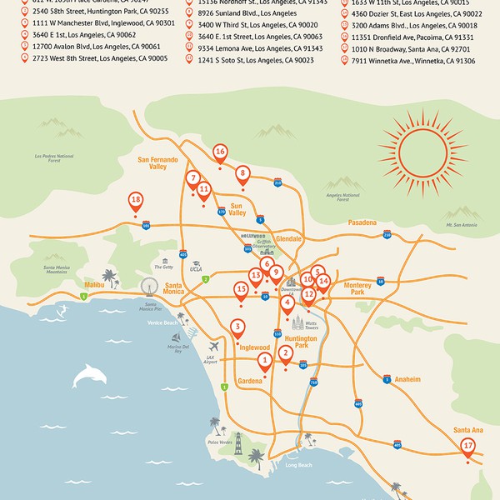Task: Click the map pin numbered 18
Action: point(136,201)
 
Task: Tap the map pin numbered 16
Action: point(220,152)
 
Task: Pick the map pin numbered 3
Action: point(238,327)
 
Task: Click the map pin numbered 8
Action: point(242,175)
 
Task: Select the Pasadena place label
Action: point(362,222)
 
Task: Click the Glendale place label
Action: point(288,238)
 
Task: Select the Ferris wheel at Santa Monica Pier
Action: point(149,286)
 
